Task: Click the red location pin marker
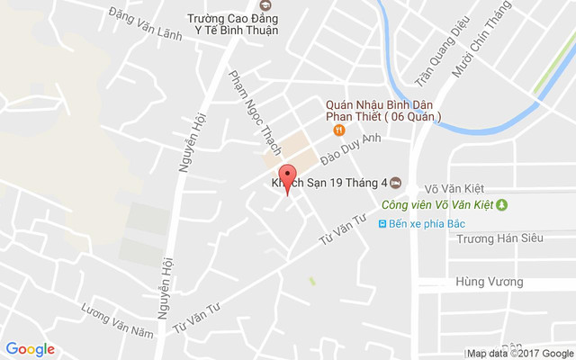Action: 287,177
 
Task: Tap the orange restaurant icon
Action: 338,130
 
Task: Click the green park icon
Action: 502,204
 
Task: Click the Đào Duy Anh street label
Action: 351,148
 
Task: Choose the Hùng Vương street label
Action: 490,282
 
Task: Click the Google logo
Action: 31,349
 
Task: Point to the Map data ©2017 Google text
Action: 519,353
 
